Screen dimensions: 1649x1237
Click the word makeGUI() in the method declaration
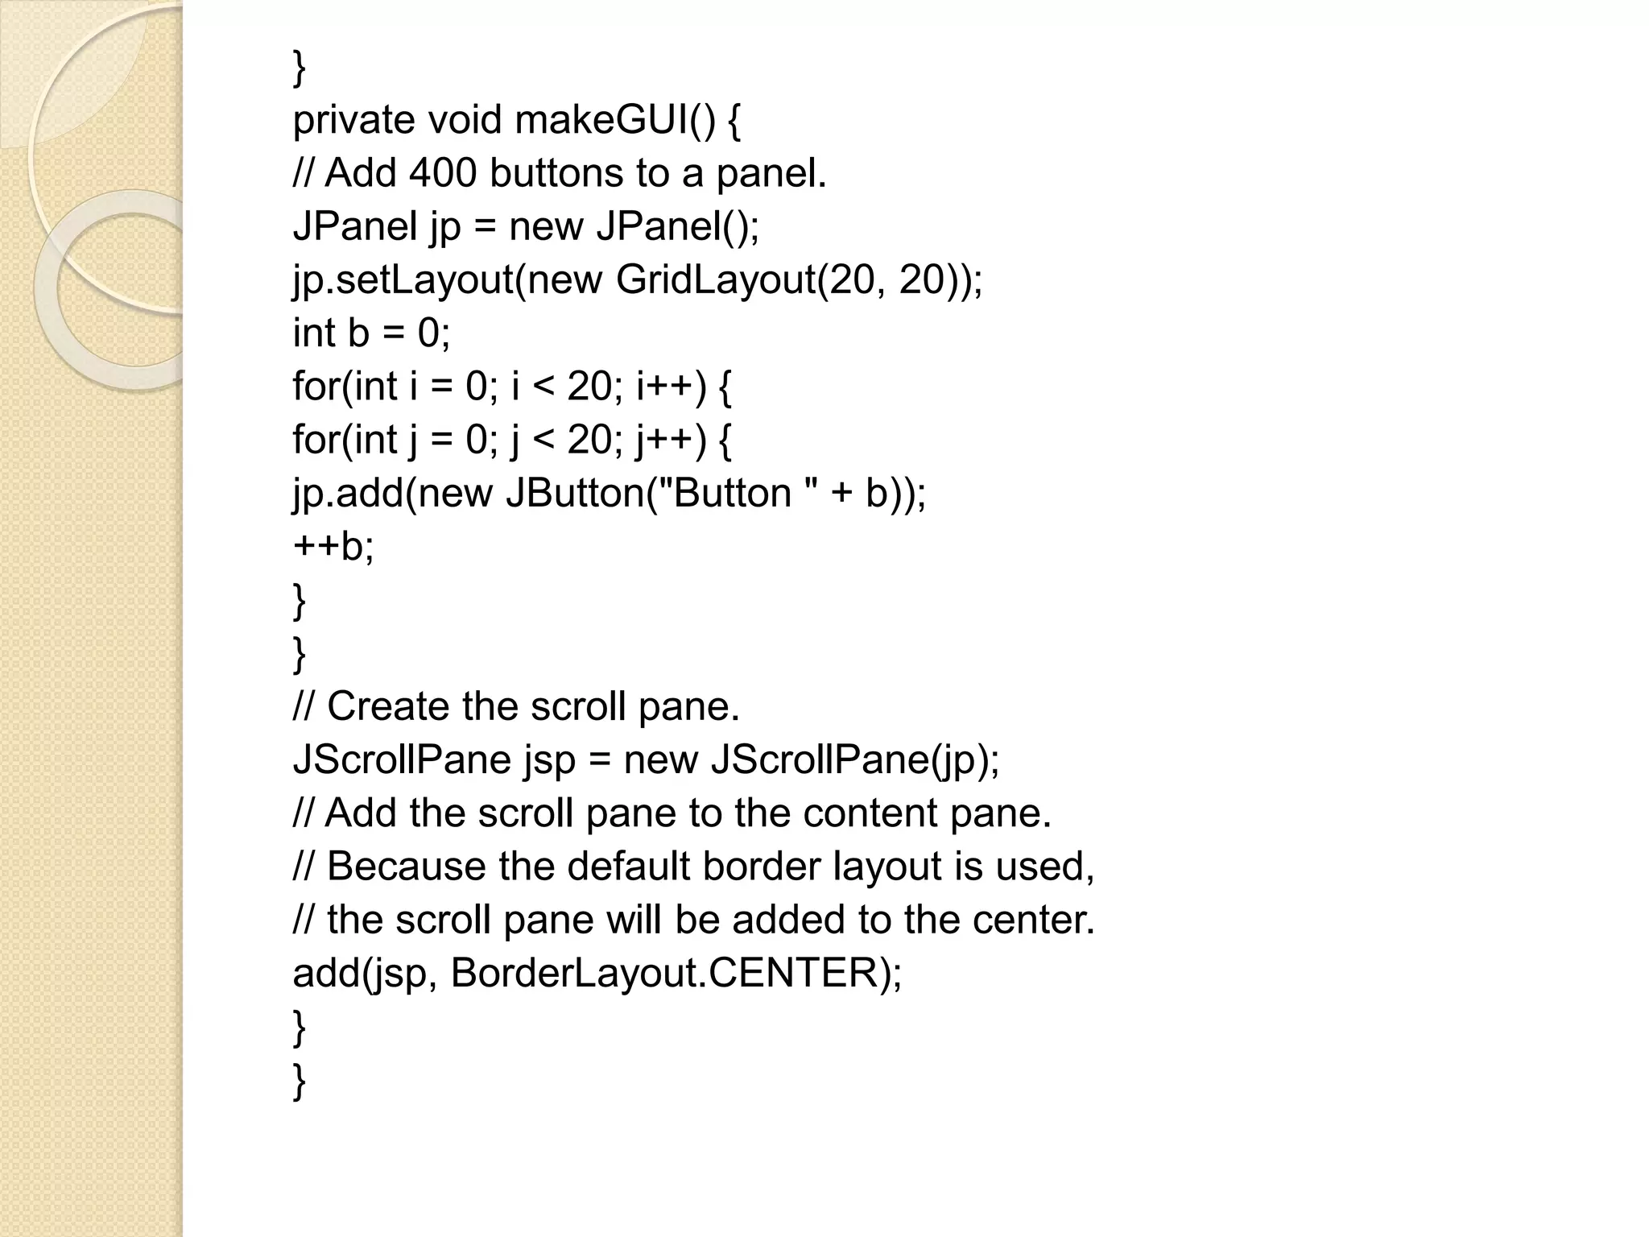tap(614, 121)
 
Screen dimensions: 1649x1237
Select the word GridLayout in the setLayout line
tap(715, 279)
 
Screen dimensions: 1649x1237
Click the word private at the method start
tap(353, 121)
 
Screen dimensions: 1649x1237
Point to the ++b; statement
tap(333, 546)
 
